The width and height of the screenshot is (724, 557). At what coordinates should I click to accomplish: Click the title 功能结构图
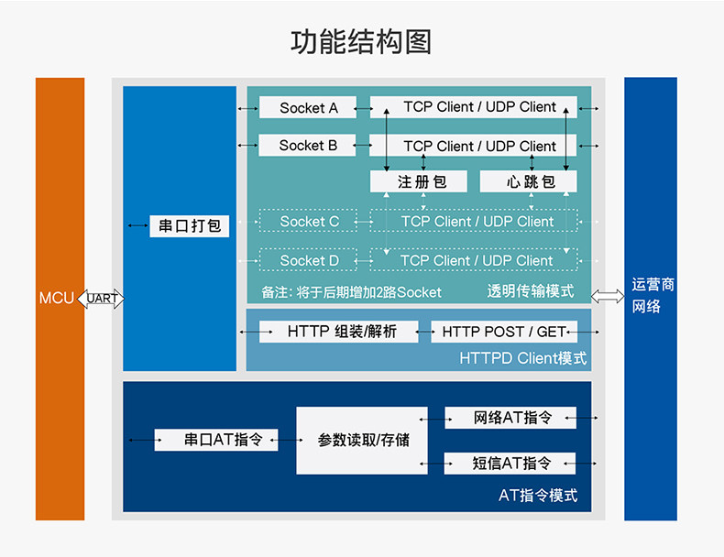pos(361,42)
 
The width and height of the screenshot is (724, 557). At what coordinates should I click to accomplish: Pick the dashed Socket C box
pos(309,221)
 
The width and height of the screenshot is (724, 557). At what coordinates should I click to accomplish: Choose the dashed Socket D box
pos(309,260)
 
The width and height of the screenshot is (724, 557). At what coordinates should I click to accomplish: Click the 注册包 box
pos(420,181)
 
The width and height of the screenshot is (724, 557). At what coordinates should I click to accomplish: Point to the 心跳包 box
pos(530,181)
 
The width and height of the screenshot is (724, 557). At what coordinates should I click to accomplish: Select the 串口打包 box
pos(190,225)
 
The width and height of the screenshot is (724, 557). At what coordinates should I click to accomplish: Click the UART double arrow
pos(101,299)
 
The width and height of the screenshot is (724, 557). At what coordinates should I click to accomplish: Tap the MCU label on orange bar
pos(57,299)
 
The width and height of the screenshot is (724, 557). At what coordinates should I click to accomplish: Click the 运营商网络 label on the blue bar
pos(652,295)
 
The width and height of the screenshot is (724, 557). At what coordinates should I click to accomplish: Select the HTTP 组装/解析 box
pos(339,332)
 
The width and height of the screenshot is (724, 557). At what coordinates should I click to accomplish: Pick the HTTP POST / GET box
pos(503,332)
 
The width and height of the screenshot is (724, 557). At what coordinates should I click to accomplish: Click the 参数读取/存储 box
pos(363,441)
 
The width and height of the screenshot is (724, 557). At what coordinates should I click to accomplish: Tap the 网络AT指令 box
pos(511,418)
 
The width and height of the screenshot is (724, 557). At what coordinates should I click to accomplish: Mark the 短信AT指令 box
pos(511,463)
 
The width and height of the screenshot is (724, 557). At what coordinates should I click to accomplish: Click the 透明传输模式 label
pos(530,291)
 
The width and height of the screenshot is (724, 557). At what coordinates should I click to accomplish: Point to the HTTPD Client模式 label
pos(522,358)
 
